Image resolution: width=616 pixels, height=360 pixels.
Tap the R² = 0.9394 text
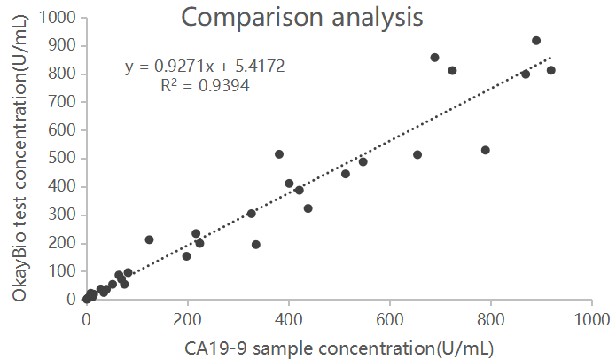205,86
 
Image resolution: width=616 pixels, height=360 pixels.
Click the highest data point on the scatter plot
536,41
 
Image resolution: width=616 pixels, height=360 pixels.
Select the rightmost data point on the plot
550,70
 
